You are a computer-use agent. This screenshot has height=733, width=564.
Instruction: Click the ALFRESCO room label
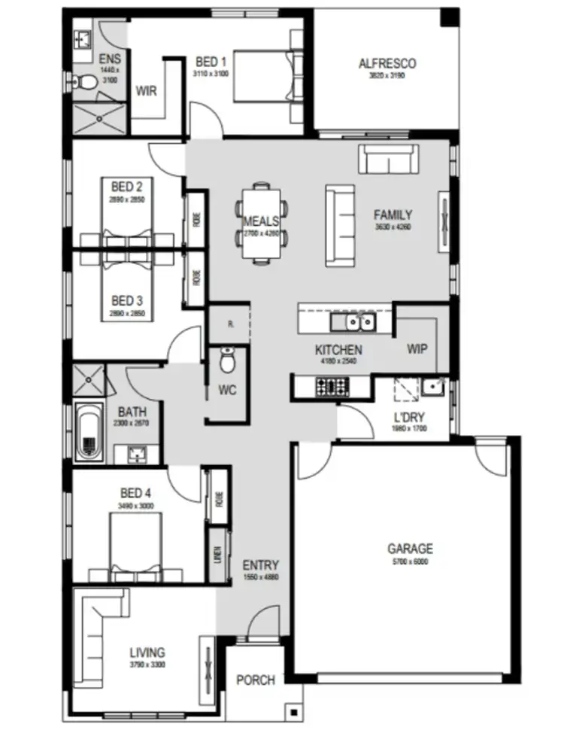coord(387,63)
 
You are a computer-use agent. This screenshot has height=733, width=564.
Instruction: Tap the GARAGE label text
coord(410,549)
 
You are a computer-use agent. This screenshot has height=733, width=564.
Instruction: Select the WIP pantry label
coord(417,349)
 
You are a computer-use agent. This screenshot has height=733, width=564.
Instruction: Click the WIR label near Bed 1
coord(146,90)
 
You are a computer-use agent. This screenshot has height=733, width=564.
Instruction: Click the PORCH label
coord(256,680)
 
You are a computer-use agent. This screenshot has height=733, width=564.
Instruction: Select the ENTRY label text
coord(260,565)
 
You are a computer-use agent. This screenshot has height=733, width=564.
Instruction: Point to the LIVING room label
coord(147,652)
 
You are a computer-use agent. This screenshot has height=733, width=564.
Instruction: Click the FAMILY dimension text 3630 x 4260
coord(393,227)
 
